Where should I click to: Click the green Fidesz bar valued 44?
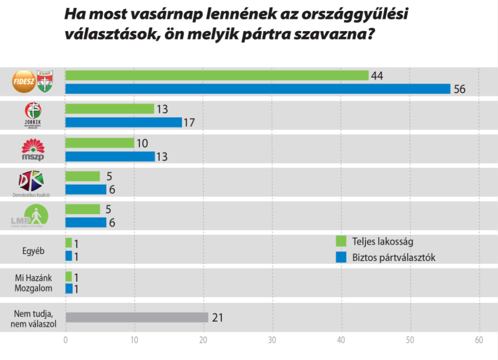click(x=217, y=76)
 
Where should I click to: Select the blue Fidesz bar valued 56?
click(x=258, y=89)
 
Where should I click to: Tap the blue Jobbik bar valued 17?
click(x=124, y=122)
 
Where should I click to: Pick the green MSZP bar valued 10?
click(x=100, y=143)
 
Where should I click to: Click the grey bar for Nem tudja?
click(x=137, y=318)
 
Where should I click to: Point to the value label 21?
click(x=217, y=318)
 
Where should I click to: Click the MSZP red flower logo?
click(x=33, y=149)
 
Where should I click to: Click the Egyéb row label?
click(x=33, y=251)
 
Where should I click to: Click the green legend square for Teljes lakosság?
click(x=341, y=241)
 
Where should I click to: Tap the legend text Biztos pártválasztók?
click(x=393, y=257)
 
